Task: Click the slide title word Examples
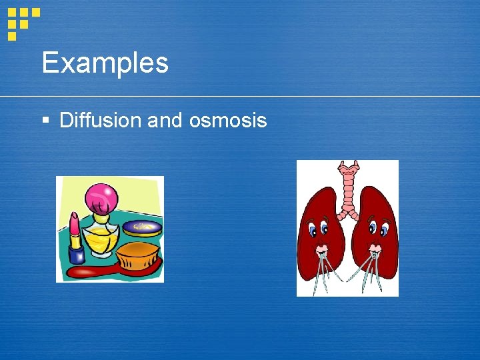pos(105,63)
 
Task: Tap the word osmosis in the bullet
pos(228,120)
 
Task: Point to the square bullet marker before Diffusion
pos(45,121)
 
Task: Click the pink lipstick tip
pos(74,221)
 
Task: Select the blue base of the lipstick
pos(76,255)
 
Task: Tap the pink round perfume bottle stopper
pos(101,198)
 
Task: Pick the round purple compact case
pos(143,228)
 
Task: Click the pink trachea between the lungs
pos(347,190)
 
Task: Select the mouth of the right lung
pos(375,252)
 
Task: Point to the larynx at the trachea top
pos(347,169)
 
